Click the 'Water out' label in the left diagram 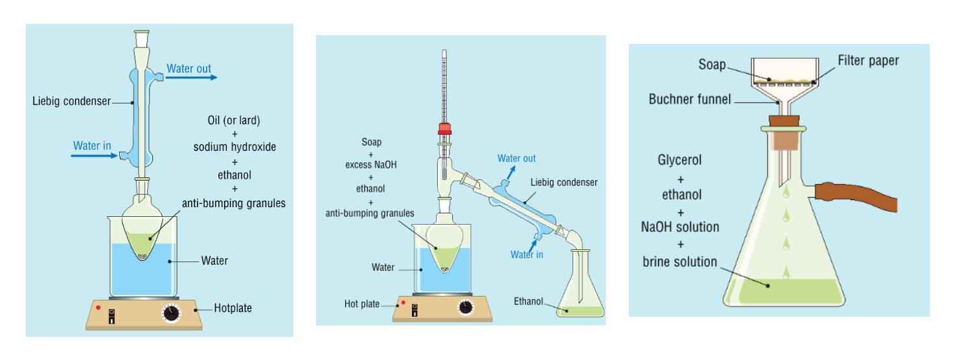point(188,69)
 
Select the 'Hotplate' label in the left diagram point(233,308)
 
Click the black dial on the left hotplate point(172,313)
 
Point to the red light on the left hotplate point(98,307)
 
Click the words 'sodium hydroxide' point(234,147)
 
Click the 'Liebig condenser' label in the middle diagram point(563,182)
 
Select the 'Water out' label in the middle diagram point(516,159)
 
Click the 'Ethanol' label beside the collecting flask point(529,301)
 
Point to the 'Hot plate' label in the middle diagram point(361,304)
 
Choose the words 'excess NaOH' point(370,164)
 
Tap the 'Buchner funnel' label point(689,99)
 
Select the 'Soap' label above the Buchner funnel point(712,65)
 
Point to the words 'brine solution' point(679,262)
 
